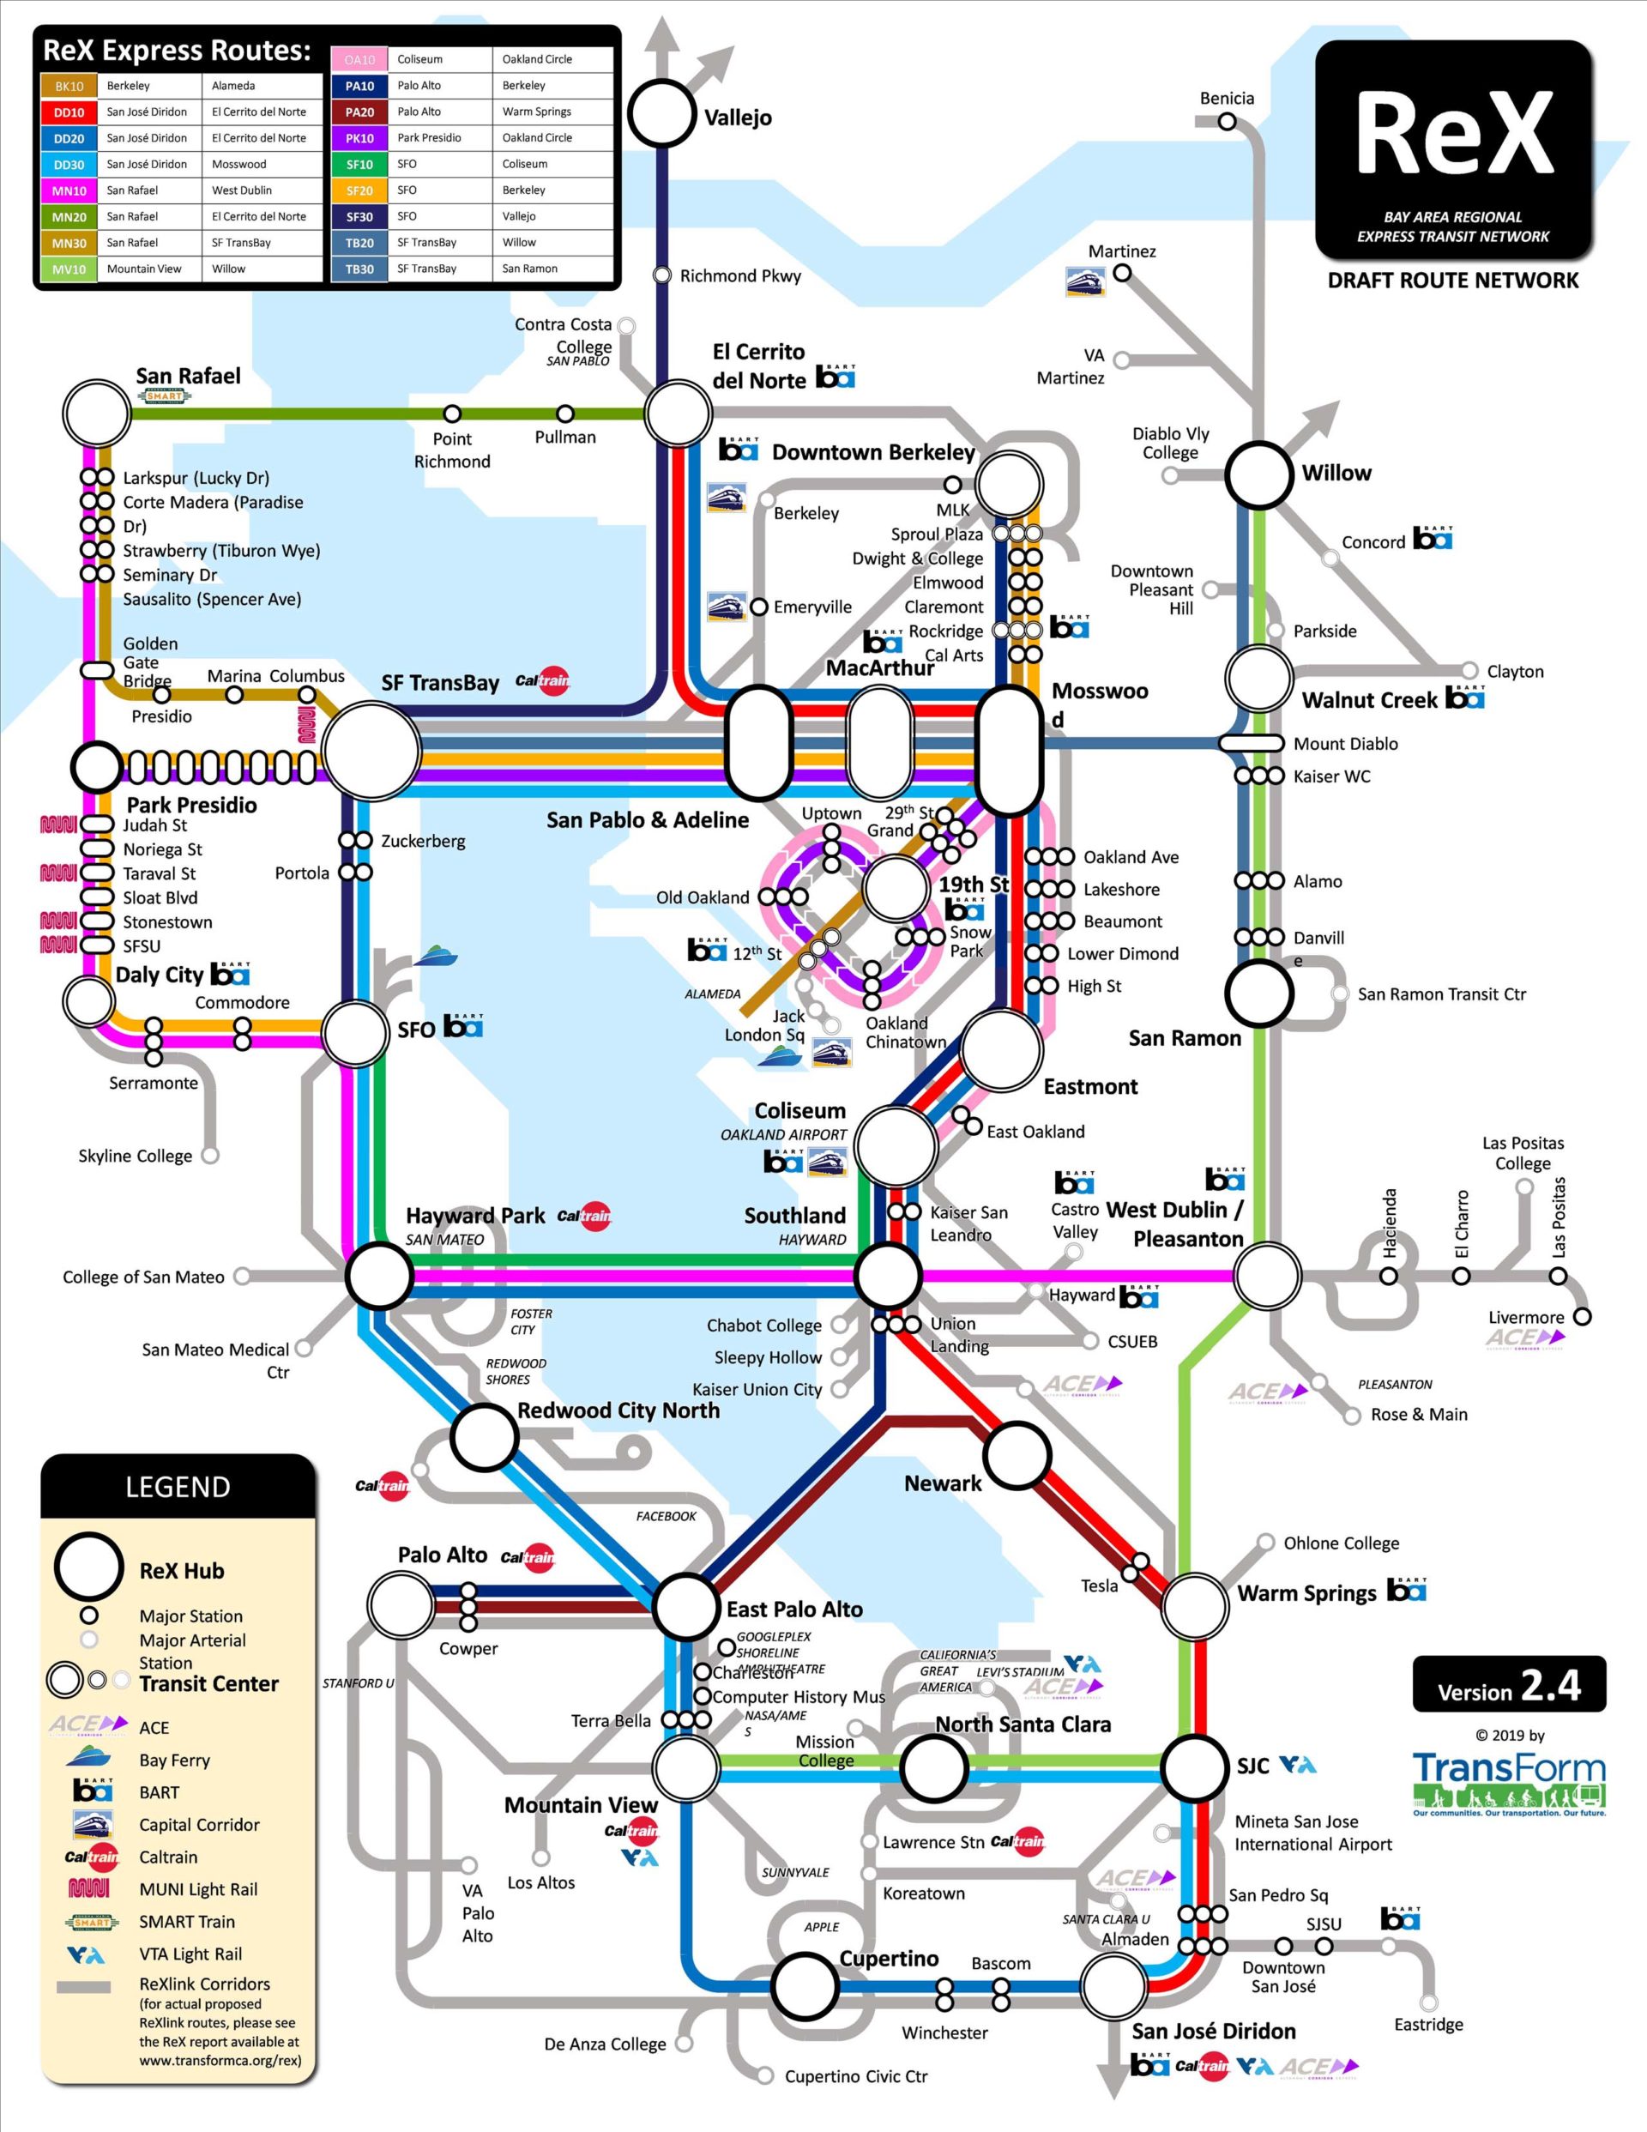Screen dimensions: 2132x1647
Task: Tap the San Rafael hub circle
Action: point(97,413)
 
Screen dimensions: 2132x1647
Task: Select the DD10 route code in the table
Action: point(69,112)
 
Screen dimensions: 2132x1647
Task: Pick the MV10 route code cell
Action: point(69,269)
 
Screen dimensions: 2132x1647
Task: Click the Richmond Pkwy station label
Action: point(739,276)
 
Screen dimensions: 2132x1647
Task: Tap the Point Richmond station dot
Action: point(452,414)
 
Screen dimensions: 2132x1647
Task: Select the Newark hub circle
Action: point(1017,1455)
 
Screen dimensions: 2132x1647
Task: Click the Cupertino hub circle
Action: point(805,1984)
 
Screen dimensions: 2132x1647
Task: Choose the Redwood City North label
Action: point(618,1410)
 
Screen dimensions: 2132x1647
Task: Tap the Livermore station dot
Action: point(1582,1316)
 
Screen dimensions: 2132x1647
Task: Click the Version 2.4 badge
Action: point(1508,1684)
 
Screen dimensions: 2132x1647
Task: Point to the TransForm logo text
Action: point(1508,1770)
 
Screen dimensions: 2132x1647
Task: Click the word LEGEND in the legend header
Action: point(178,1487)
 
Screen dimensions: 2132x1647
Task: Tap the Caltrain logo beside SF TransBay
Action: point(543,680)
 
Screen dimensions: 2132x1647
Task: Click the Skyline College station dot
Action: point(209,1156)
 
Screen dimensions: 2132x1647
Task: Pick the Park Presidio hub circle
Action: point(97,767)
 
